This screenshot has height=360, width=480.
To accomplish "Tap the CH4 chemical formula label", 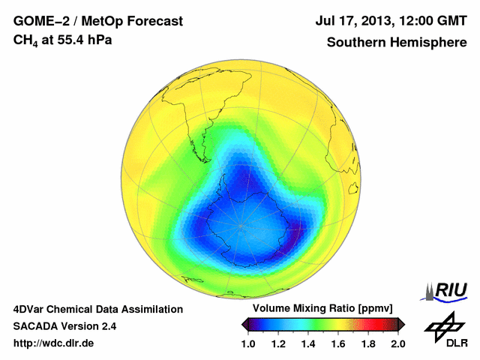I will click(25, 40).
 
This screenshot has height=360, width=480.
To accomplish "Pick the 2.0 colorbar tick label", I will click(398, 343).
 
